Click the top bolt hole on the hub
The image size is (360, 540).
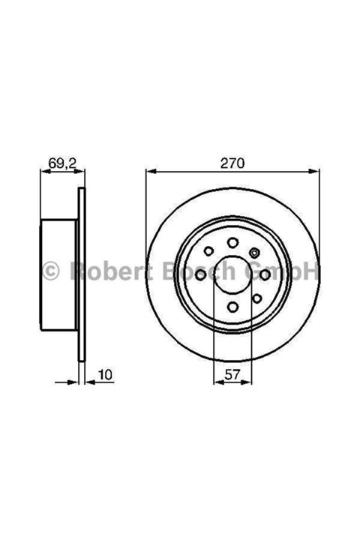point(232,241)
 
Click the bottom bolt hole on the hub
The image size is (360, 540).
point(232,306)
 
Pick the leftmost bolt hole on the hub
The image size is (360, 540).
point(200,275)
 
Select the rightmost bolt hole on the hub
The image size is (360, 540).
point(265,275)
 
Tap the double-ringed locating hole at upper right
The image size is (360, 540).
point(255,252)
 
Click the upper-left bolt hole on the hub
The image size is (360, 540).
point(210,252)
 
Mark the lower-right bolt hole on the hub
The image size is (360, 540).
point(256,298)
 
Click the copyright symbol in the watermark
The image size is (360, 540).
point(50,270)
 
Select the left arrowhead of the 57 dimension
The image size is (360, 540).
point(217,382)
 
